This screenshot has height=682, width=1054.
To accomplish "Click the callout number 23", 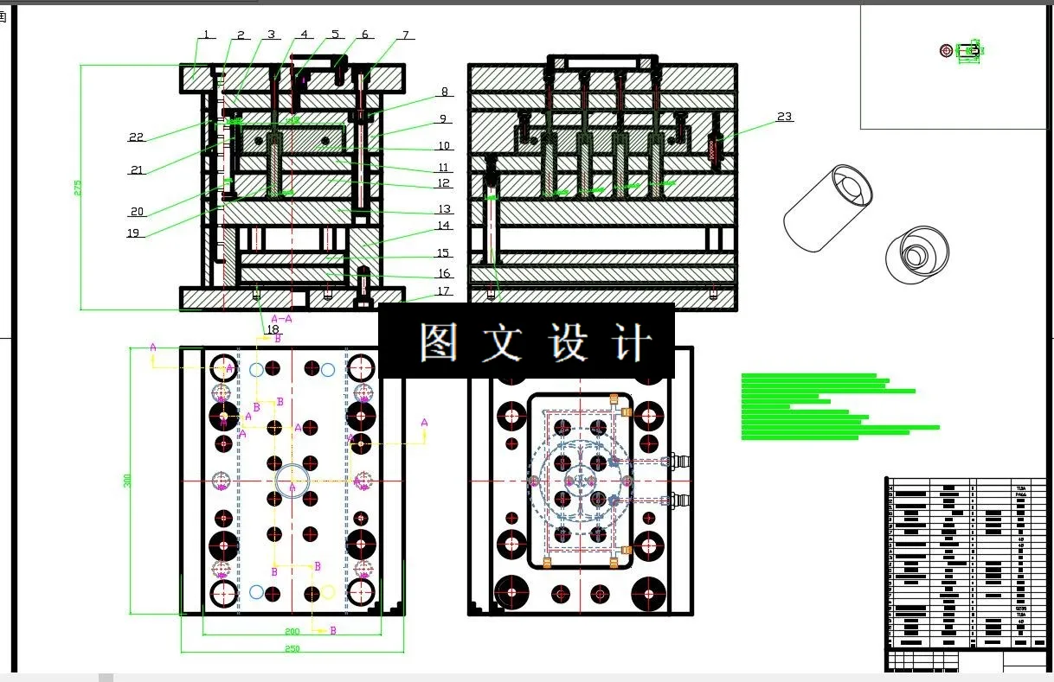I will pos(784,117).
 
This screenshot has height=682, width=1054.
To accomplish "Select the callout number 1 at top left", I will pos(206,35).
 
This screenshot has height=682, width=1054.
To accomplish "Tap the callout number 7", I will pos(404,35).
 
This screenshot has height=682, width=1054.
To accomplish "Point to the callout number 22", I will pos(137,137).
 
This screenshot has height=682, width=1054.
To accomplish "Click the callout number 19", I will pos(133,233).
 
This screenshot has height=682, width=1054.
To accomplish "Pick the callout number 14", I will pos(443,226).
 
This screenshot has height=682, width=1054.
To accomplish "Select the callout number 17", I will pos(443,291).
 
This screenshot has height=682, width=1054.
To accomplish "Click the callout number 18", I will pos(273,329).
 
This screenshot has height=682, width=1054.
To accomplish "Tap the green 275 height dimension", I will pos(77,187).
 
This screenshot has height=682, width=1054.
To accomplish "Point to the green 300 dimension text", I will pos(127,481).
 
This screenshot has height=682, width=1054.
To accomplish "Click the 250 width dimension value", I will pos(292,648).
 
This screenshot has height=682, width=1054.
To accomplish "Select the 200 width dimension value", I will pos(292,632).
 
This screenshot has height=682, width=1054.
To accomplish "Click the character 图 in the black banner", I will pos(438,342).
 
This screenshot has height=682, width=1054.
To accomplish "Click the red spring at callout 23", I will pos(714,148).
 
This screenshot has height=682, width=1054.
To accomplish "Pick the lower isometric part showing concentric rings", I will pos(917,255).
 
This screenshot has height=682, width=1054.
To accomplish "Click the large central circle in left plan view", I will pos(292,480).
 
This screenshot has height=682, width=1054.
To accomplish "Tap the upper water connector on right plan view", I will pos(678,461).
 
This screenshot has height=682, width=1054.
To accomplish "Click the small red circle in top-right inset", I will pos(946,51).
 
